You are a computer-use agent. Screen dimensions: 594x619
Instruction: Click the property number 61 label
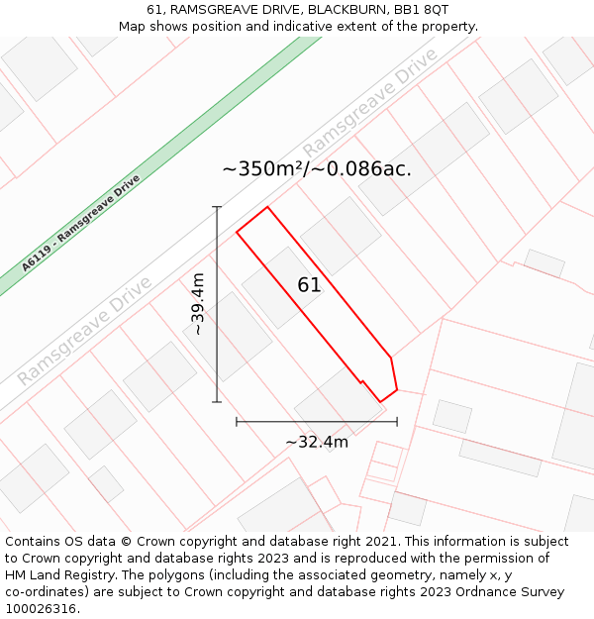pos(309,285)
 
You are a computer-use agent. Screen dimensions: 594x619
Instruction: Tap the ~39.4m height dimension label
pos(198,304)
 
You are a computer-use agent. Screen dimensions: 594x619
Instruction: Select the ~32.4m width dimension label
pos(317,442)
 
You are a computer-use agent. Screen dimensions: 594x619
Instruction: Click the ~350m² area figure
pos(263,168)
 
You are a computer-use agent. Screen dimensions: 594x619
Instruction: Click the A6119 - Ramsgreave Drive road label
pos(81,223)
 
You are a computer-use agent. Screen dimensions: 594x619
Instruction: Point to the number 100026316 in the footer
pos(40,608)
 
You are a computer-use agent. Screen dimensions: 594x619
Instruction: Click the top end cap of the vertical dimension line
pos(217,207)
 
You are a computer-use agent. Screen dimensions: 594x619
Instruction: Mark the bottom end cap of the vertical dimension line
pos(217,402)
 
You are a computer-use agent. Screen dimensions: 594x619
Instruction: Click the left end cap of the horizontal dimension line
pos(237,422)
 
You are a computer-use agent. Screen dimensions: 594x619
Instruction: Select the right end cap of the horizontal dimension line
pos(397,422)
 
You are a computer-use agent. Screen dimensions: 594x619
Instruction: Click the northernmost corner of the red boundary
pos(267,207)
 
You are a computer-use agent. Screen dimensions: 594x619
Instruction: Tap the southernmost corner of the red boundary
pos(381,401)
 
